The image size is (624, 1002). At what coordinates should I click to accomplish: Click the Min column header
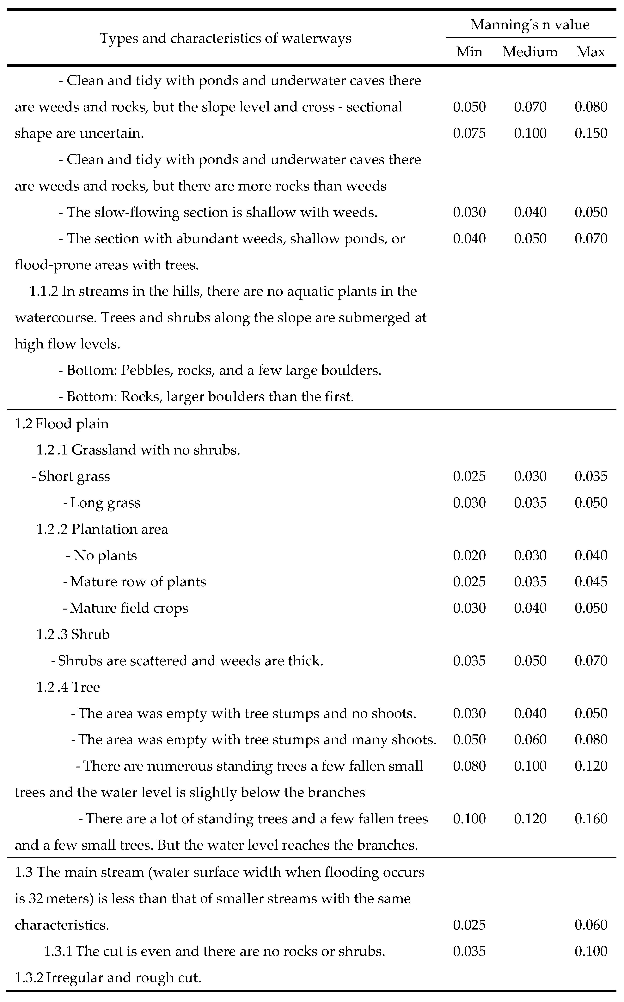(469, 52)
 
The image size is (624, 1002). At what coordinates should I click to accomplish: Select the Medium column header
(530, 52)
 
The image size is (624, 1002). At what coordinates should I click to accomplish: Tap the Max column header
(591, 52)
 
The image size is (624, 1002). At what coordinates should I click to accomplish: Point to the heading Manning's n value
(530, 25)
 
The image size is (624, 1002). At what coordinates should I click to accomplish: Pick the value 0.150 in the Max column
(591, 133)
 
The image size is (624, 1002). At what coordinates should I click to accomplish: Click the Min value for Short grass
(469, 476)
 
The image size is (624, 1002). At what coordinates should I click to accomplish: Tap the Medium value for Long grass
(530, 503)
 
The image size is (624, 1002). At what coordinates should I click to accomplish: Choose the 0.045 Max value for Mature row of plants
(591, 582)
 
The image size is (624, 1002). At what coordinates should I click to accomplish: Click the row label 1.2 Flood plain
(62, 424)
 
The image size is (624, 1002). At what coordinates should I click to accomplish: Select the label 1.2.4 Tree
(68, 687)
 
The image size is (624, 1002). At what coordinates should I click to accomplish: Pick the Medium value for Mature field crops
(530, 608)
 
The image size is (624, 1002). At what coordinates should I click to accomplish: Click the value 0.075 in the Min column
(469, 133)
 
